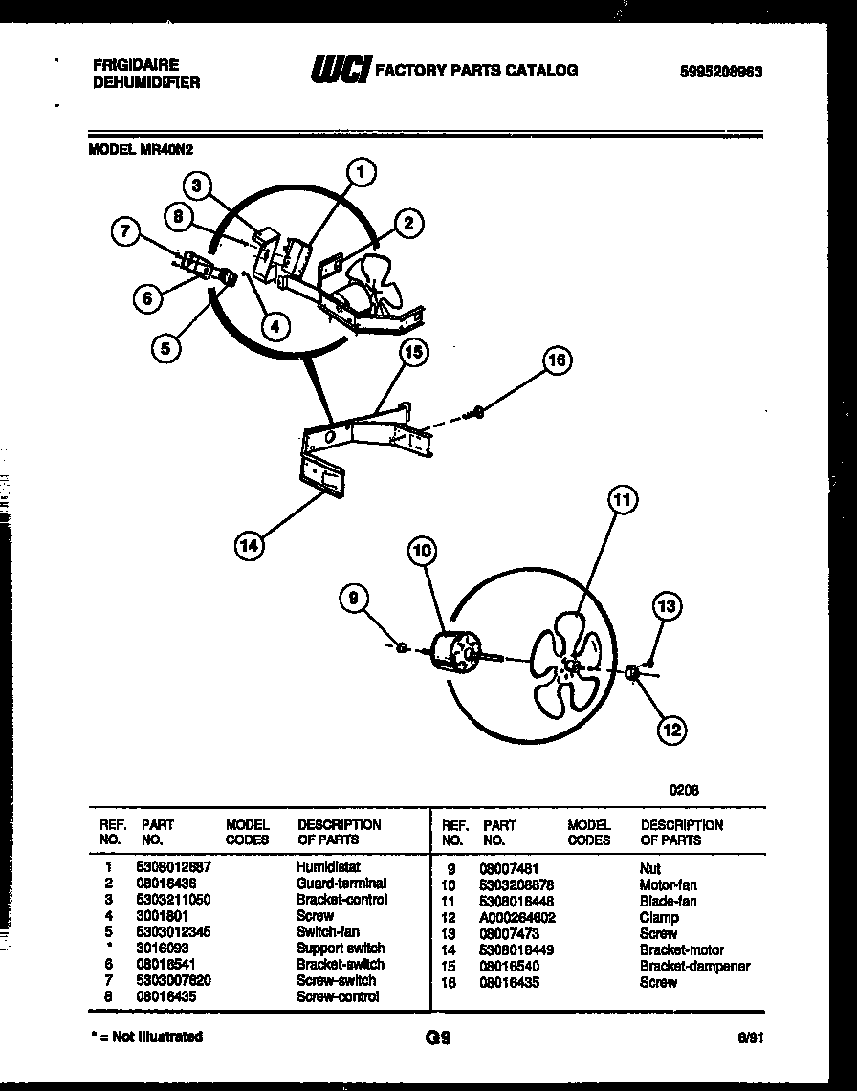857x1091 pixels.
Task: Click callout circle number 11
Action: [623, 500]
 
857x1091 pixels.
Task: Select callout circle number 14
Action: [248, 546]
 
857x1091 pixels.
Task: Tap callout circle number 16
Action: [557, 360]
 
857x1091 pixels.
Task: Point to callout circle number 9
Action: [354, 600]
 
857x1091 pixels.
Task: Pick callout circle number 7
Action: [126, 230]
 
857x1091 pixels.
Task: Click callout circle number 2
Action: [407, 224]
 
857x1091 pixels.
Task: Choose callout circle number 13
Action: [667, 606]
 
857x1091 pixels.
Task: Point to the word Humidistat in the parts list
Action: [327, 866]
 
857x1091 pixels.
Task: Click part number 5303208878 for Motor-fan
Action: [518, 885]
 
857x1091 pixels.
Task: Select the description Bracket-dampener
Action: [694, 967]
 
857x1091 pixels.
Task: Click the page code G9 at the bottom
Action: [437, 1037]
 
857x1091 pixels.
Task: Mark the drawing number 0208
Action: [683, 790]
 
